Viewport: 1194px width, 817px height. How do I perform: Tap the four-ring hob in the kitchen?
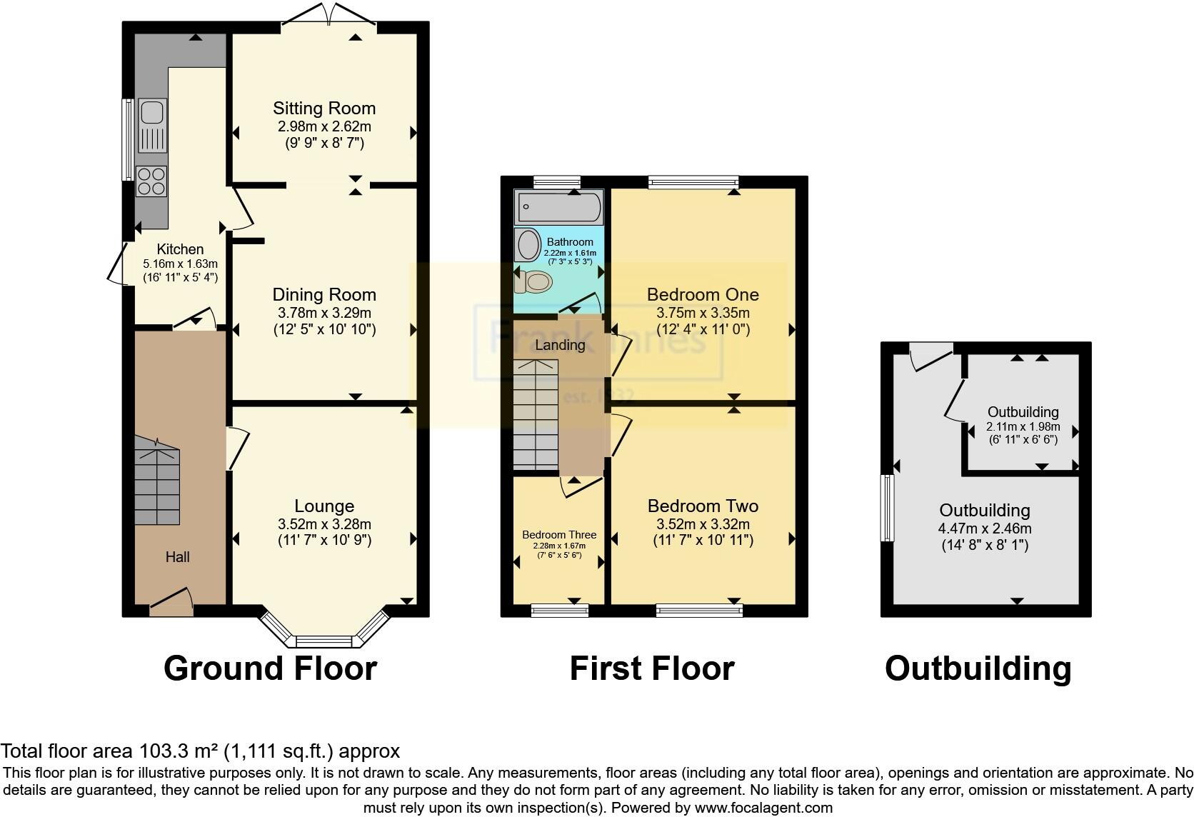pos(151,180)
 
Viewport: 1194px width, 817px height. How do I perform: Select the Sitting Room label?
pos(324,109)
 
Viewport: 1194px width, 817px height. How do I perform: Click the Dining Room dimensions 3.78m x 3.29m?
pos(324,313)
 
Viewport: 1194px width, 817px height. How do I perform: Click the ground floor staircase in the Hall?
pos(156,483)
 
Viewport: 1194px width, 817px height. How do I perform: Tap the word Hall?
pos(178,557)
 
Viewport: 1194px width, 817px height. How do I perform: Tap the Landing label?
pos(560,345)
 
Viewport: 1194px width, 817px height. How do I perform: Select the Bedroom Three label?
pos(558,535)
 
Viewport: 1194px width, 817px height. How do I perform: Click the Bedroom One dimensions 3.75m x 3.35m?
pos(703,313)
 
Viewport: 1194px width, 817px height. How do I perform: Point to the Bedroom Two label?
pos(703,506)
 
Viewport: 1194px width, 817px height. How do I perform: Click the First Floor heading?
pos(651,669)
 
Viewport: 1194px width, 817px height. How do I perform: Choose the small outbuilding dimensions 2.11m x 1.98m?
pos(1023,427)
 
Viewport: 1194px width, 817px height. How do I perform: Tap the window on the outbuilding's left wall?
pos(888,508)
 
